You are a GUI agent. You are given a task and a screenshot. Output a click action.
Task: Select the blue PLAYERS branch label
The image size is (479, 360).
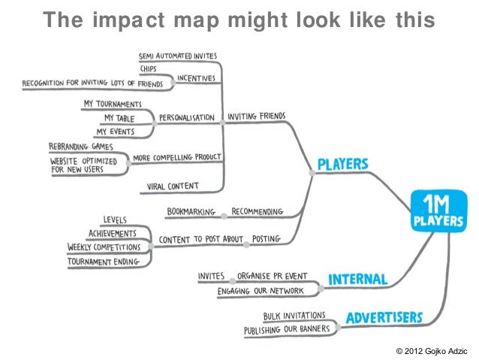342,164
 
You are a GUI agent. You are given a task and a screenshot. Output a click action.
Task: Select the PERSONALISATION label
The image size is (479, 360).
187,118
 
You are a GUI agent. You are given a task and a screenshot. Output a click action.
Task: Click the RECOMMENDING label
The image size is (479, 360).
257,212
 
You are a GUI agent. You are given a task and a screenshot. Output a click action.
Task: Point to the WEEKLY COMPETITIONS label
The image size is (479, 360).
104,247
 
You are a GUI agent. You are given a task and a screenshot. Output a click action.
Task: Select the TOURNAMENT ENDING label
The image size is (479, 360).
106,261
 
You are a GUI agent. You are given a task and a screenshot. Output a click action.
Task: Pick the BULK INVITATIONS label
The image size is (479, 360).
294,316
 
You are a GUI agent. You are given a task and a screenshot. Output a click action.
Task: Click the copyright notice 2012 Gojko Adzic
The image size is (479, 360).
435,350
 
